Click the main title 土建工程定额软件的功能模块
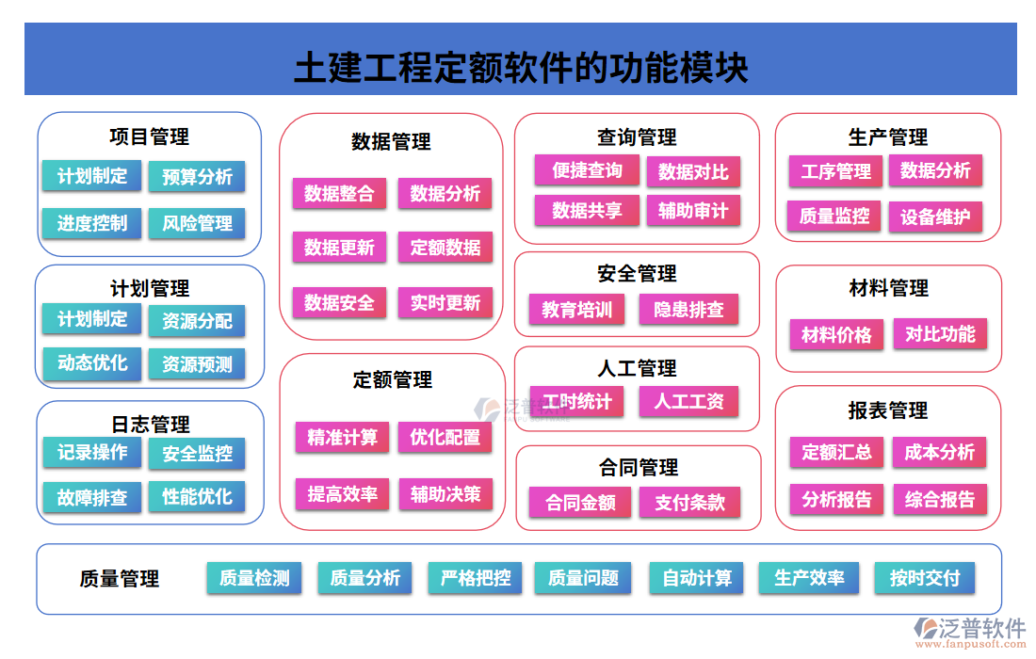(521, 68)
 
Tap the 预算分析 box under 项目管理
(197, 177)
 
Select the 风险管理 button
(197, 224)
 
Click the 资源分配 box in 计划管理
(197, 321)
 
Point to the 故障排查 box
(92, 497)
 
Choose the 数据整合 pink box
(339, 194)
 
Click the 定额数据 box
(445, 249)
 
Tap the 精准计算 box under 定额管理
(342, 438)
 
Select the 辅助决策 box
(445, 493)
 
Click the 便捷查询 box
(587, 171)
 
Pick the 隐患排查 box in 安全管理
(689, 310)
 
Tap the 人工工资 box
(689, 402)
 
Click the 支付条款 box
(690, 503)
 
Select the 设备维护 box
(935, 217)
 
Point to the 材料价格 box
(836, 335)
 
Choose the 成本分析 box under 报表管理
(939, 453)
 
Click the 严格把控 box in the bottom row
(476, 578)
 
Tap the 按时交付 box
(925, 578)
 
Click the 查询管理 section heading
(637, 137)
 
